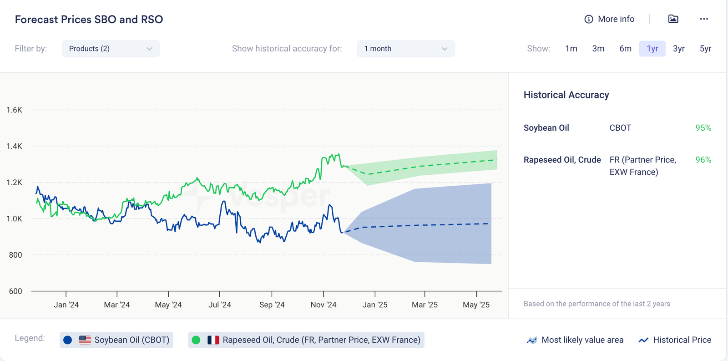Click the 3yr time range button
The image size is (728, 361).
678,49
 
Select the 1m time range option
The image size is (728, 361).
571,49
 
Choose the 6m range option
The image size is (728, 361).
625,49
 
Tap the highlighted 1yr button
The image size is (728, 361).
652,49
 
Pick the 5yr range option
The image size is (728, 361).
705,49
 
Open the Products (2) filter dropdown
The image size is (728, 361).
111,49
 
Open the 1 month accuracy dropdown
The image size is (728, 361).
405,49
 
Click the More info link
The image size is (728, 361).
609,19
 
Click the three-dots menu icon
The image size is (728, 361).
704,19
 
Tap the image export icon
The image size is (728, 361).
673,19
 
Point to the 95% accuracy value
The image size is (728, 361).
703,128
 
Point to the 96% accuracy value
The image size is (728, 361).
703,160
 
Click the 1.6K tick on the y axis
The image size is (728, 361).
14,110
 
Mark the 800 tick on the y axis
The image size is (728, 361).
15,255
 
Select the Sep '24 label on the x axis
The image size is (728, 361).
272,305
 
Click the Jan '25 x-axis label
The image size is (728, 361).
375,305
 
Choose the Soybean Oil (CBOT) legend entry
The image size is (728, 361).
116,340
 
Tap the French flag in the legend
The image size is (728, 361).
213,340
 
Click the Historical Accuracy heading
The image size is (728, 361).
566,95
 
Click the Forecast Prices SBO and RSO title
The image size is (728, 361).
89,20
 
